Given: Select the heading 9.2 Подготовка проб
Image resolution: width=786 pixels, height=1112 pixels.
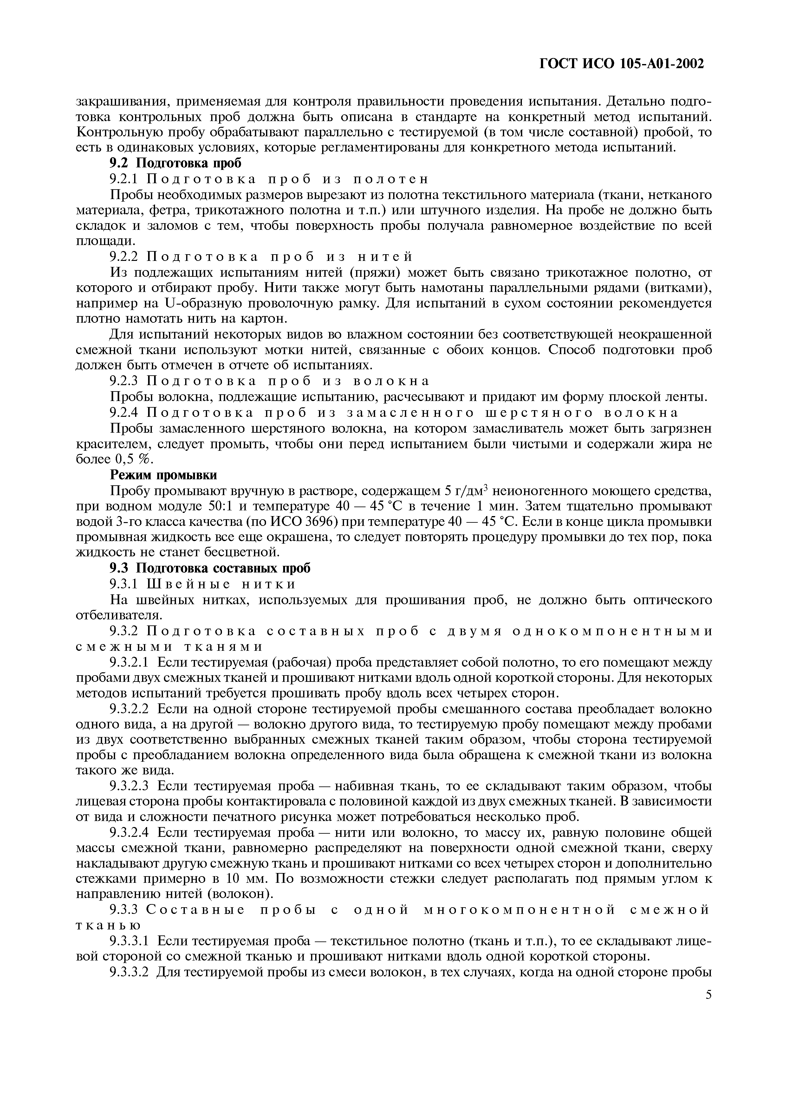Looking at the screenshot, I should click(176, 163).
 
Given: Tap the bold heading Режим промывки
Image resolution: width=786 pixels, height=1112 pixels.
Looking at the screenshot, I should click(164, 475).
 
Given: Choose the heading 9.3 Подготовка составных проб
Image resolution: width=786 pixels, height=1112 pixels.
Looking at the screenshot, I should click(210, 568).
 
